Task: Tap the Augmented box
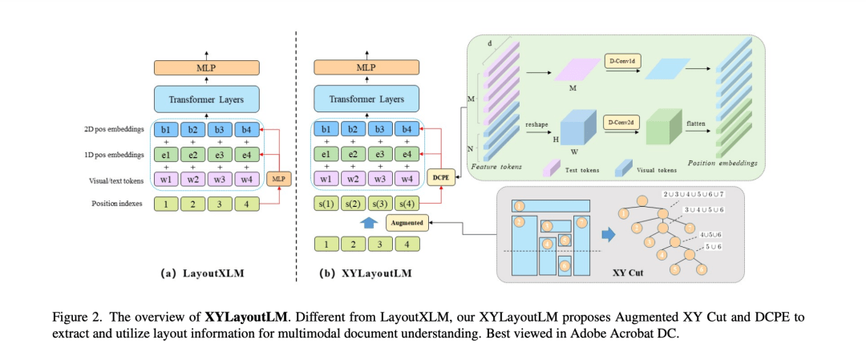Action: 406,220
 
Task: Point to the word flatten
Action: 696,125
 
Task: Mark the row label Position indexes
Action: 118,204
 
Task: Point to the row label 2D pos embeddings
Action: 118,128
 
